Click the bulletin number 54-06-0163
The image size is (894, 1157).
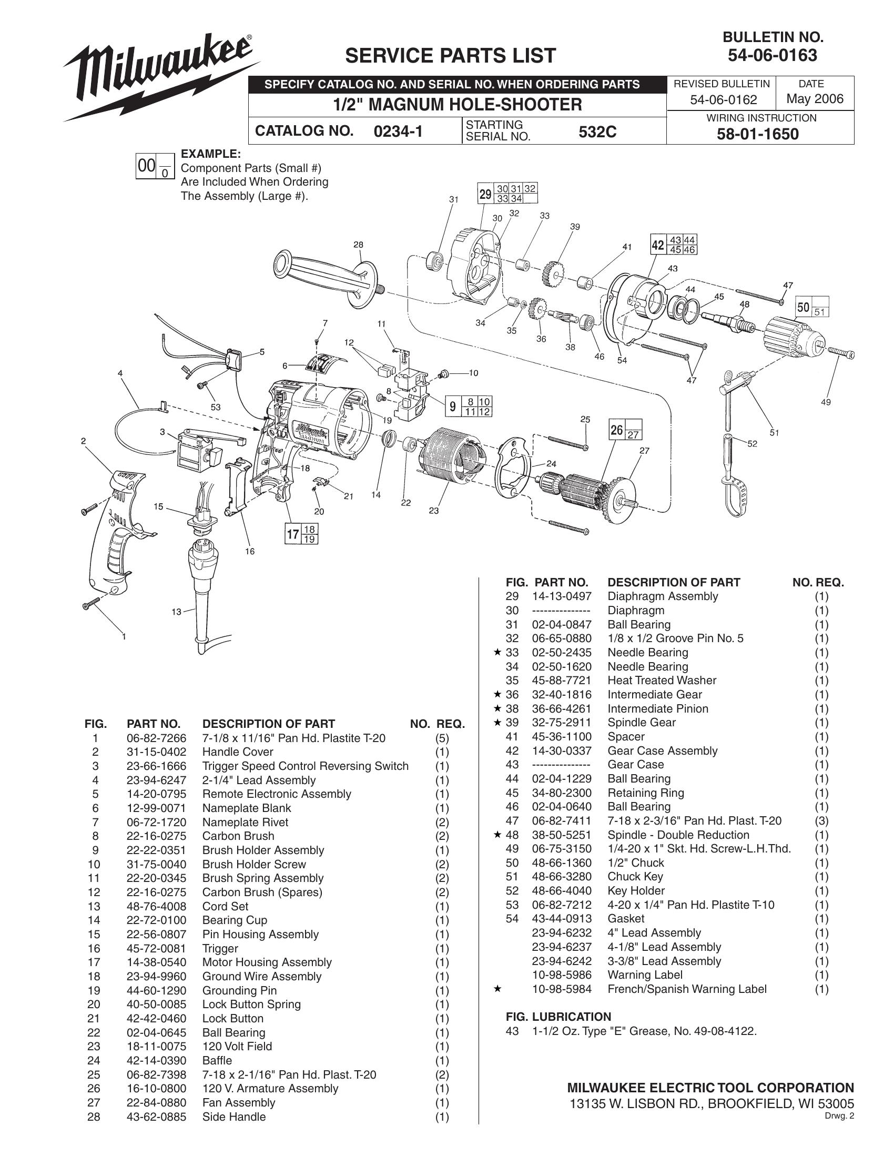(772, 55)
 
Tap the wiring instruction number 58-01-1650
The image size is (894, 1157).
(757, 134)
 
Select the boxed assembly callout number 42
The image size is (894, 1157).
(657, 245)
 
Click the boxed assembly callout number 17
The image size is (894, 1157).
(293, 534)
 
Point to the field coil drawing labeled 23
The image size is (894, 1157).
(450, 460)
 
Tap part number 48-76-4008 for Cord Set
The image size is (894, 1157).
(156, 907)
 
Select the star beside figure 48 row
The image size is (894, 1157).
(497, 835)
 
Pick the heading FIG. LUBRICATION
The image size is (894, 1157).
(558, 1017)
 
